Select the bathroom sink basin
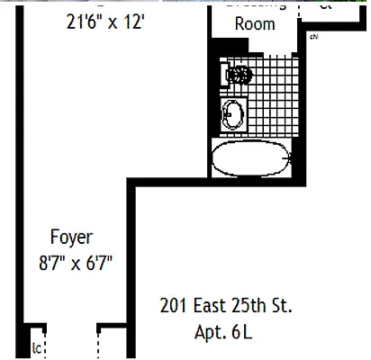[231, 114]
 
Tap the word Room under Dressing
[255, 23]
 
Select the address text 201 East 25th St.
[226, 306]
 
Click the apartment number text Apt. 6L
[224, 333]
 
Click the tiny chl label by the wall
[312, 38]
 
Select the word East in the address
[212, 306]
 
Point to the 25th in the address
[254, 306]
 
